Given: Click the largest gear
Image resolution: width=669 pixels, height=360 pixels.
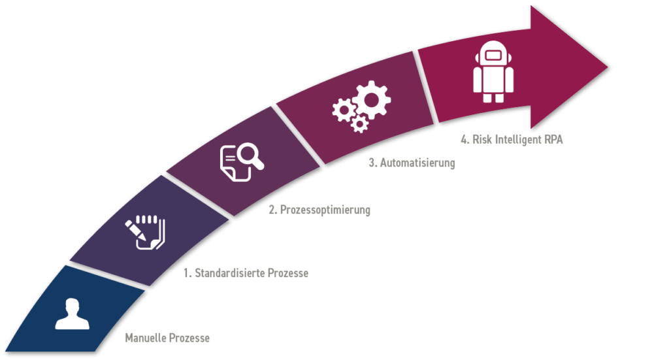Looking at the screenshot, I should tap(372, 99).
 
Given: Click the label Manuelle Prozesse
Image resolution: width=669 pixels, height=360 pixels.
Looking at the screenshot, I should tap(167, 338).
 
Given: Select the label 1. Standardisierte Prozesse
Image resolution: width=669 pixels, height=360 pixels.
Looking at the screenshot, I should tap(246, 273).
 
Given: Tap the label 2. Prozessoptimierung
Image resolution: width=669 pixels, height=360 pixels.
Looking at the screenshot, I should tap(320, 210).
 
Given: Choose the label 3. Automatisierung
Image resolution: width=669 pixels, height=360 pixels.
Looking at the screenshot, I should tap(411, 163).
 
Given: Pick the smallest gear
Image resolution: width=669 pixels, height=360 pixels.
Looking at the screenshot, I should tap(359, 124).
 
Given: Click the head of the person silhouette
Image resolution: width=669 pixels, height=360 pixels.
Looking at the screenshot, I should tap(72, 306).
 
